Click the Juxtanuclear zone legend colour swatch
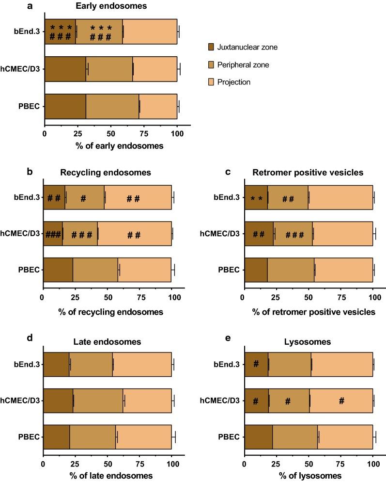click(x=209, y=47)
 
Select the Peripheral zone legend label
click(x=242, y=64)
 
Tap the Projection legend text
click(x=234, y=82)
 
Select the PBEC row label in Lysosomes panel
click(x=230, y=436)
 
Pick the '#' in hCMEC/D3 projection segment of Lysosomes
click(x=341, y=401)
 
